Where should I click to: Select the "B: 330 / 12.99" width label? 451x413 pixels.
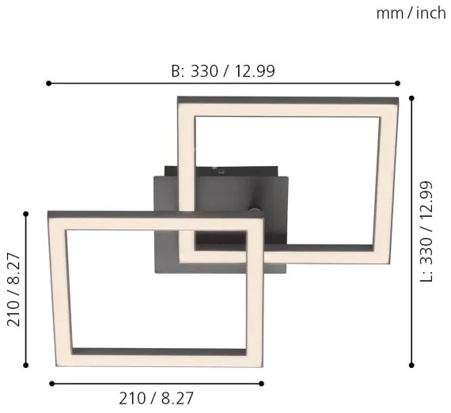point(223,70)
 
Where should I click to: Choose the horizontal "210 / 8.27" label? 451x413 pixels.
point(155,400)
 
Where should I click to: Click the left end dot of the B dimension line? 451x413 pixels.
point(48,82)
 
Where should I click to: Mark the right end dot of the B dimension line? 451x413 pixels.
point(397,82)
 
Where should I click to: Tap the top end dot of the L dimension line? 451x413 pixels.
point(411,97)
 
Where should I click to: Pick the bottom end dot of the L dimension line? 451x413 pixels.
point(411,366)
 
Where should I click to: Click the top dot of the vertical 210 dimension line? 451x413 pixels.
point(27,213)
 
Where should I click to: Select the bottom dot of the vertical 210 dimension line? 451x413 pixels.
point(27,366)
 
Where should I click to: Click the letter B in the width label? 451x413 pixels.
point(176,70)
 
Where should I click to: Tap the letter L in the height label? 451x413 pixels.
point(427,276)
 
